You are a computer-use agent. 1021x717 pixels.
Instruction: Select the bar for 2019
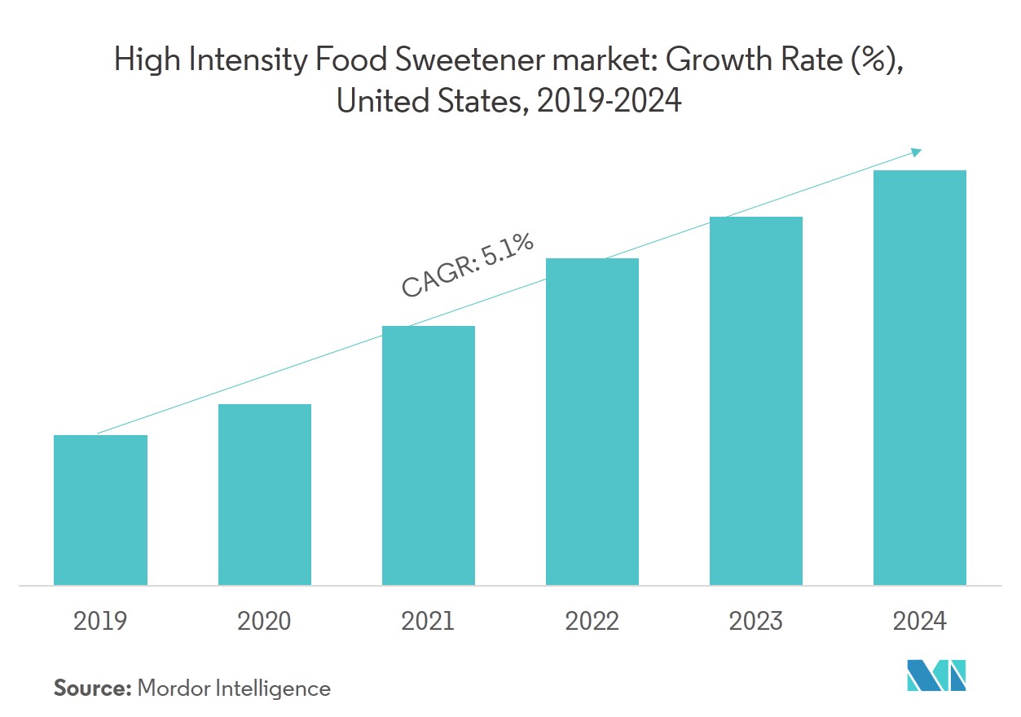[x=100, y=510]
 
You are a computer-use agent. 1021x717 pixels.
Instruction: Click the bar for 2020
[x=265, y=495]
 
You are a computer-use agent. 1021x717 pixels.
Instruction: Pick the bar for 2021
[x=429, y=455]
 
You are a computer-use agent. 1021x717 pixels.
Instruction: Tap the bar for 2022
[x=592, y=421]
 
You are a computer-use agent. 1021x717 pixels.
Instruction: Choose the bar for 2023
[x=756, y=401]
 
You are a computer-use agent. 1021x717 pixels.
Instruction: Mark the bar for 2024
[x=920, y=377]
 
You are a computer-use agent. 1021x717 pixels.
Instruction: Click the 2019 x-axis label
[x=100, y=622]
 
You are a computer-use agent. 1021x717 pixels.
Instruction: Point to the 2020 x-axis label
[x=265, y=622]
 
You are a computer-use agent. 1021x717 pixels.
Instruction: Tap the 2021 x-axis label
[x=429, y=622]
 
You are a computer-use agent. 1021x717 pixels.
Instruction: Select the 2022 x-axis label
[x=592, y=622]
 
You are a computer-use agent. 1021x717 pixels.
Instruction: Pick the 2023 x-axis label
[x=756, y=622]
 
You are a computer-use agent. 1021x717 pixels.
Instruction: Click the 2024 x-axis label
[x=920, y=622]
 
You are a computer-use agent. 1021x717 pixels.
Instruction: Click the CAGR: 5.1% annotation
[x=467, y=265]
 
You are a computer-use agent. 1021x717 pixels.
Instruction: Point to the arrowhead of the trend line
[x=916, y=152]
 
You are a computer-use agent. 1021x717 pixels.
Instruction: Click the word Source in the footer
[x=92, y=688]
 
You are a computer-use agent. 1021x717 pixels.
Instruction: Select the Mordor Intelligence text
[x=234, y=688]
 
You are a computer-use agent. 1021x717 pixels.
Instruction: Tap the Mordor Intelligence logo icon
[x=937, y=675]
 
